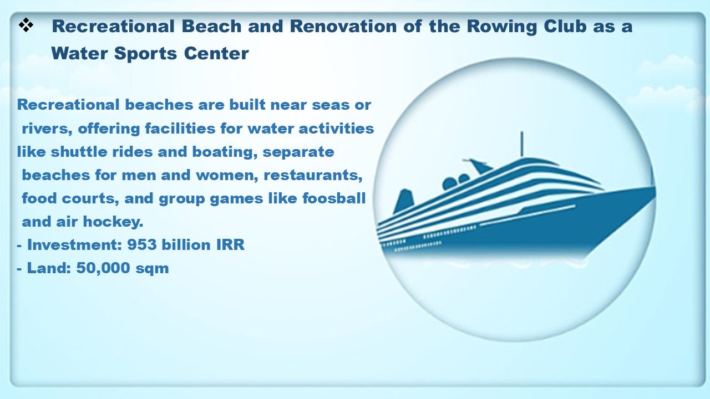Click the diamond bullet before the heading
(26, 25)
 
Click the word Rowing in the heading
(502, 27)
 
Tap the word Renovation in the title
(343, 26)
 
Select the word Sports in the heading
(145, 54)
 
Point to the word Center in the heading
(216, 53)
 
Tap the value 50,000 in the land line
(103, 268)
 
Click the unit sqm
(152, 269)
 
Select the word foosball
(334, 198)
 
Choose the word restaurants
(313, 176)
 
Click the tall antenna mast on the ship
(522, 145)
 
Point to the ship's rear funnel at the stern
(403, 201)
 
